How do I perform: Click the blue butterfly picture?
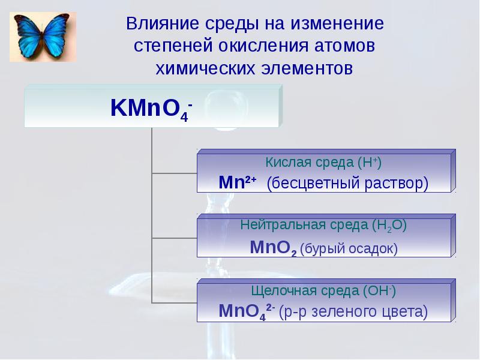43,36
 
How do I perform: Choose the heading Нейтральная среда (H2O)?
323,226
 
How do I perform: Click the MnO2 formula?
273,247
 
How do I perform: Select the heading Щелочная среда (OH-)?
323,291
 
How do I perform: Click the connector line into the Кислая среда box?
175,173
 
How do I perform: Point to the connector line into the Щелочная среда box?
175,302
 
